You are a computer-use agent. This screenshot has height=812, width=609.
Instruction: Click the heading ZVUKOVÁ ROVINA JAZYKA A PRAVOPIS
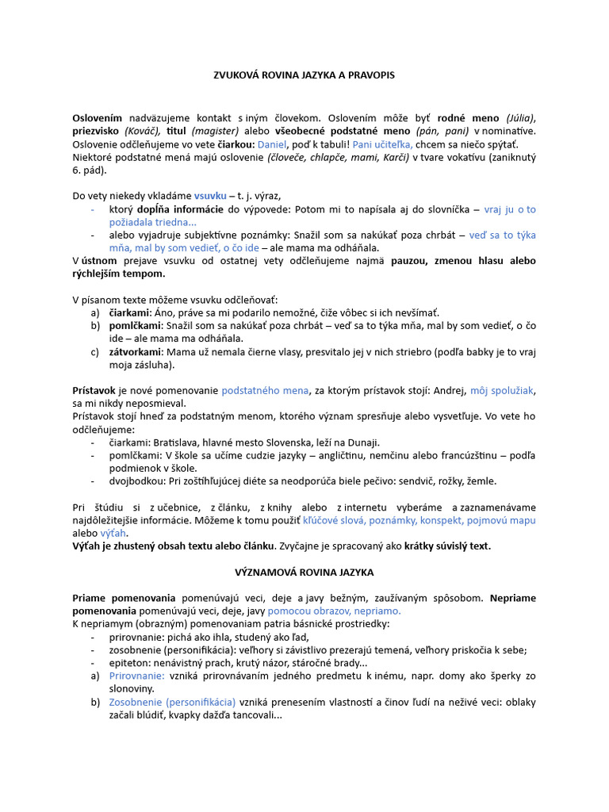click(x=304, y=75)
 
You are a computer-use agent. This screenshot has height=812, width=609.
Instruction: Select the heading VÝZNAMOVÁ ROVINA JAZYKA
click(x=304, y=572)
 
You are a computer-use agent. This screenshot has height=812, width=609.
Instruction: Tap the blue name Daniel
click(x=273, y=144)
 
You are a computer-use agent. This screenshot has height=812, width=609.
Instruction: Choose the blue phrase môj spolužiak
click(x=502, y=390)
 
